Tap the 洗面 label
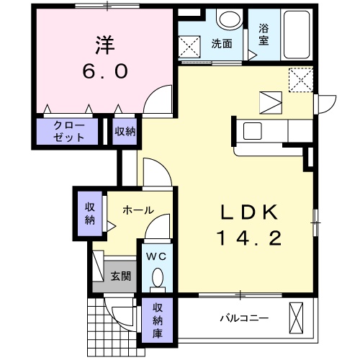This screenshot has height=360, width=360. click(x=221, y=43)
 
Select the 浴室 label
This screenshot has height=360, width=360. click(x=264, y=35)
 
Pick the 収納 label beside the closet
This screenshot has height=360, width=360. click(x=125, y=131)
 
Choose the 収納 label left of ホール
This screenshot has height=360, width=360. click(x=89, y=213)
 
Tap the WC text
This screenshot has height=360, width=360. click(x=158, y=256)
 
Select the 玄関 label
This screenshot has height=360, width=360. click(x=120, y=276)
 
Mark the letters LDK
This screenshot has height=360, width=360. click(x=246, y=212)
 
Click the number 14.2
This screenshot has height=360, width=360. click(x=246, y=237)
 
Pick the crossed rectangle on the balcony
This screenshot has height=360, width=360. click(x=297, y=317)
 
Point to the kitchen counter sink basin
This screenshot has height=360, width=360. click(x=253, y=131)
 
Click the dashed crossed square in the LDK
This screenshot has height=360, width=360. click(x=301, y=79)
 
